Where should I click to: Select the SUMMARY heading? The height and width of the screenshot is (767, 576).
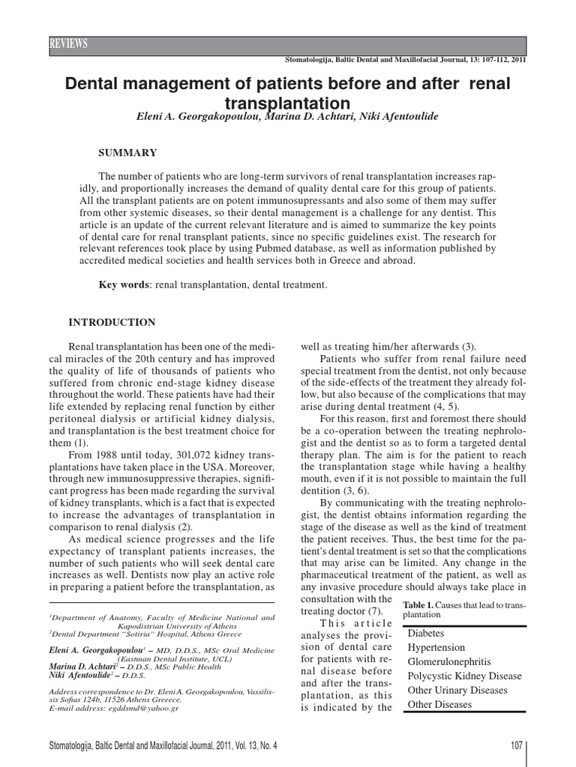pyautogui.click(x=128, y=153)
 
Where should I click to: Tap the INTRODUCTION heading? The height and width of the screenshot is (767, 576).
pyautogui.click(x=112, y=323)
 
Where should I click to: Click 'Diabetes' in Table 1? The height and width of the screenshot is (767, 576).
pyautogui.click(x=424, y=633)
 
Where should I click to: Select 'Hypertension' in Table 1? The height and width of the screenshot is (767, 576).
pyautogui.click(x=436, y=647)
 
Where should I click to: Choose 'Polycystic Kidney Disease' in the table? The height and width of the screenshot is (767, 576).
pyautogui.click(x=463, y=676)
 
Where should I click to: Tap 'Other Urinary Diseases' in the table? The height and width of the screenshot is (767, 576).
pyautogui.click(x=457, y=691)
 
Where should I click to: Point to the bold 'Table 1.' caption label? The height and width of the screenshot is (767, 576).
pyautogui.click(x=417, y=604)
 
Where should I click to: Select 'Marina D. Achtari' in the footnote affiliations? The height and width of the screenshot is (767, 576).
pyautogui.click(x=81, y=667)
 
